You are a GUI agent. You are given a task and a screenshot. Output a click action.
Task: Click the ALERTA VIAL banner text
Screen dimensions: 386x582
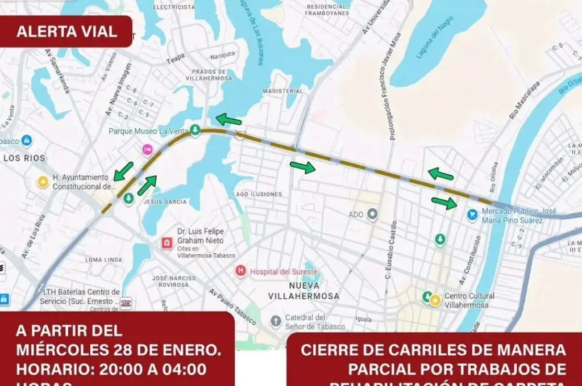pos(66,31)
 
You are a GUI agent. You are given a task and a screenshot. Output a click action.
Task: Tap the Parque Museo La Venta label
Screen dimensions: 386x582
pos(148,131)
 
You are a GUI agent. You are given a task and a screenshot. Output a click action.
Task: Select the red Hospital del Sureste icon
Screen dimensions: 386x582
pos(241,271)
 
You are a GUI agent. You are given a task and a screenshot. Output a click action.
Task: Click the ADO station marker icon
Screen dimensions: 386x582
pos(372,214)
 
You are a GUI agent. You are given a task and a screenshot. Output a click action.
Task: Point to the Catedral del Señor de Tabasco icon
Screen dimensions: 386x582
pos(276,322)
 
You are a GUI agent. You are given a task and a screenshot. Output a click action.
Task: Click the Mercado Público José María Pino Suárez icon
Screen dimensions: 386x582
pos(472,214)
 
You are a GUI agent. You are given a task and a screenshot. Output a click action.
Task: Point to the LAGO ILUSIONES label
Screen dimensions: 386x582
pos(257,194)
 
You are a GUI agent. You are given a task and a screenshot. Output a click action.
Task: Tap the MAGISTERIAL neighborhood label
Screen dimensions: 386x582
pos(283,91)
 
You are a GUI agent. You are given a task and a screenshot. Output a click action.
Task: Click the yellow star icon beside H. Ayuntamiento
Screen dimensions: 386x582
pos(43,182)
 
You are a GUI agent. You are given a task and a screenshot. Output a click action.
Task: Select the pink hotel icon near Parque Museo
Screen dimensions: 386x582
pos(147,149)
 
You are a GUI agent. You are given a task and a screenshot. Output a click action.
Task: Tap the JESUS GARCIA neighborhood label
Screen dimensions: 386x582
pos(165,202)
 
